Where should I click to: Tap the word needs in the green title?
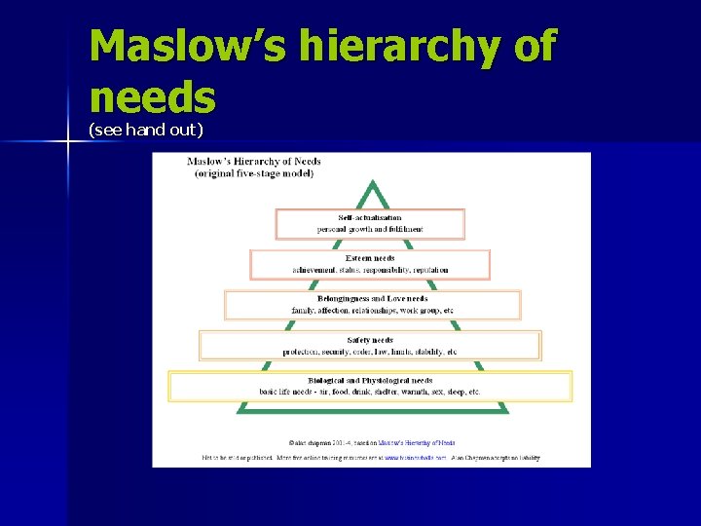152,97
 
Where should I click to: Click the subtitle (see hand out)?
146,130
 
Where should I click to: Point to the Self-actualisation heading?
370,217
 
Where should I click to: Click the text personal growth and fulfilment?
370,229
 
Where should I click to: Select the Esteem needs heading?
370,258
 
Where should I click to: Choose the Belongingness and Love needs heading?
372,298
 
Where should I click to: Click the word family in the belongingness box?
305,310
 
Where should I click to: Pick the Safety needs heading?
370,339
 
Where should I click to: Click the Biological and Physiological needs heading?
370,380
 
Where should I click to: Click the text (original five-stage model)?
253,173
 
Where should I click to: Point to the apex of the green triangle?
371,182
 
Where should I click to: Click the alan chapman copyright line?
371,443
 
